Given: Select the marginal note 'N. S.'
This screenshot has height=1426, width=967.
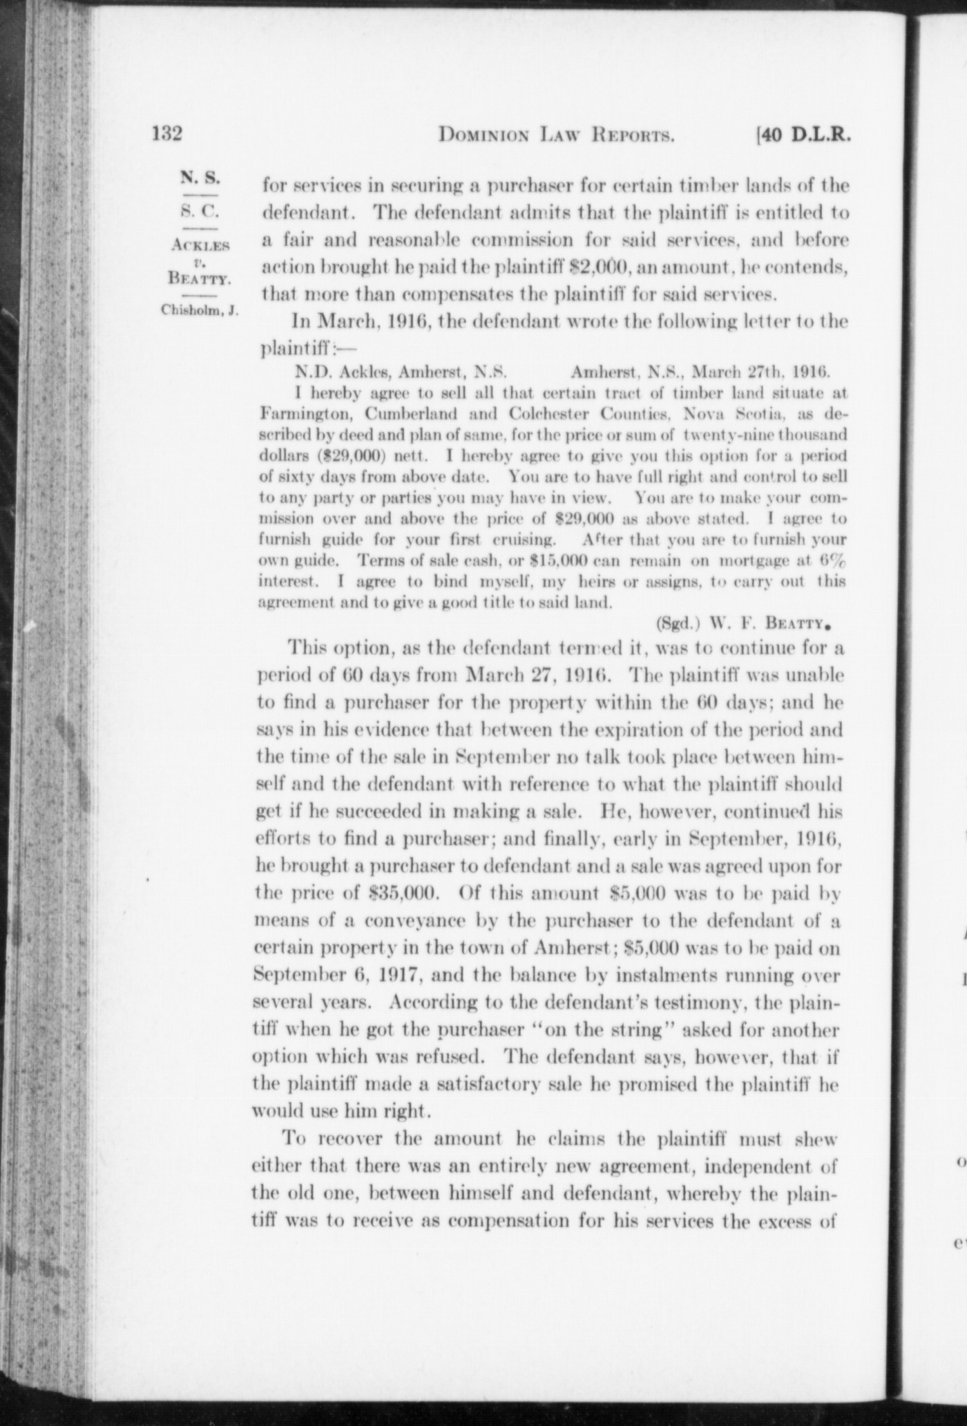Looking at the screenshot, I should coord(200,178).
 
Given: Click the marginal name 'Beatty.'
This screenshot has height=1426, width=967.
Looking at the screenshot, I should coord(200,281).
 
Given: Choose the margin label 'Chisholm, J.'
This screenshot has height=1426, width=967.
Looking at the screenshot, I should coord(200,310).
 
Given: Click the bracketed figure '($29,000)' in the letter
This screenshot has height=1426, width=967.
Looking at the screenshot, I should coord(308,456).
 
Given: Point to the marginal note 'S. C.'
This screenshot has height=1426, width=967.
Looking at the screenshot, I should coord(200,211).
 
